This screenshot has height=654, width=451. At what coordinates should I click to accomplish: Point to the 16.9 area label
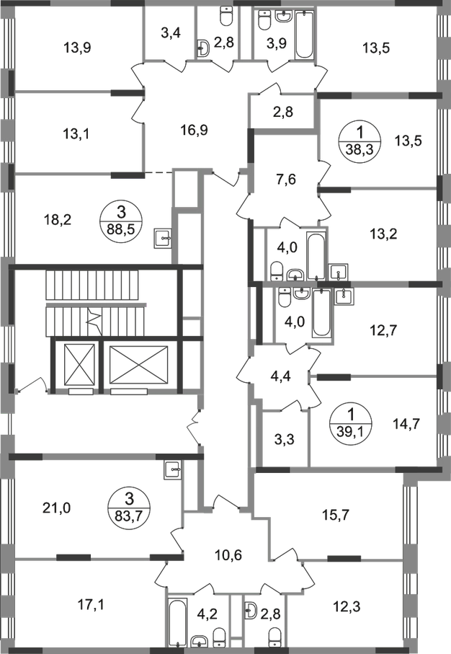195,131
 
